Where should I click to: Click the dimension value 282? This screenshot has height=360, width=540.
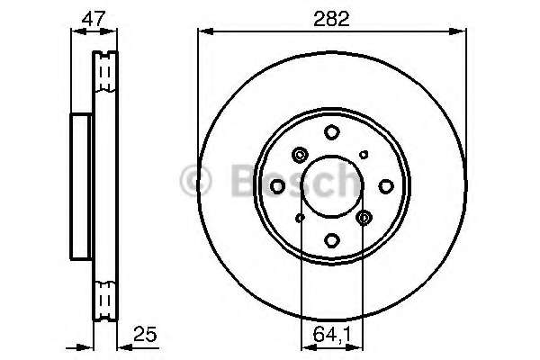[332, 15]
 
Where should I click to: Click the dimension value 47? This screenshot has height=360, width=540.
[94, 15]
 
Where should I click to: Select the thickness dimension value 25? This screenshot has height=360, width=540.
[143, 333]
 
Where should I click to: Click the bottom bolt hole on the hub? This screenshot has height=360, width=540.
[332, 239]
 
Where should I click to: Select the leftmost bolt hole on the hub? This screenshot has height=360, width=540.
[278, 185]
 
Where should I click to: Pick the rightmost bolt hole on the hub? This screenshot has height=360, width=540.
[386, 185]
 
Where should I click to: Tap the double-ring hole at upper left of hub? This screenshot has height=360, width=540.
[300, 154]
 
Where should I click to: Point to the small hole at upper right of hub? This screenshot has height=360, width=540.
[364, 155]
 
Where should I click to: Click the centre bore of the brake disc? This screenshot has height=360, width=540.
[332, 185]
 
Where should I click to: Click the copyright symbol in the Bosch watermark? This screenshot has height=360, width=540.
[195, 182]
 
